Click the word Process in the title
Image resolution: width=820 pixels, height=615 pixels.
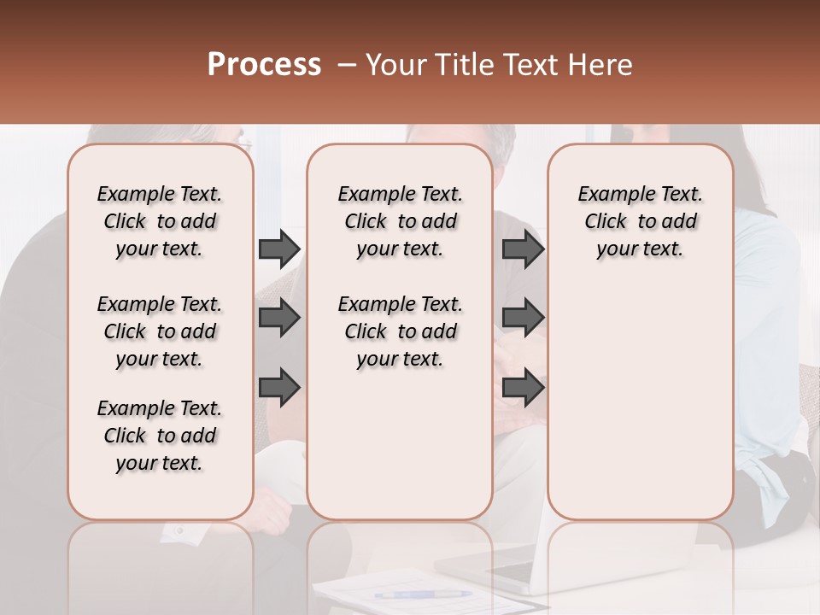point(264,65)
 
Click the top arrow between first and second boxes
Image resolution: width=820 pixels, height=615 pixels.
point(279,249)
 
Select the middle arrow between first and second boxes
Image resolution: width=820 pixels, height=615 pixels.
point(279,319)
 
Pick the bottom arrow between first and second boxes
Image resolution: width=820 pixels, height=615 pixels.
point(279,388)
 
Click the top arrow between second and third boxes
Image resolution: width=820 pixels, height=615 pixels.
point(524,249)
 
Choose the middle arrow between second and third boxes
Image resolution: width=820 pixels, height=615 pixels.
point(524,319)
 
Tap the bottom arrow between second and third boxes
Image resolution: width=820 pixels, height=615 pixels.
point(524,388)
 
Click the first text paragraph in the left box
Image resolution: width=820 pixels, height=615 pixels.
point(160,221)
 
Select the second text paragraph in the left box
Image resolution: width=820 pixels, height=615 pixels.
point(160,331)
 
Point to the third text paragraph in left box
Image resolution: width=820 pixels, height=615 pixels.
point(160,436)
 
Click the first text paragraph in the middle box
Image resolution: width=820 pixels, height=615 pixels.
point(400,221)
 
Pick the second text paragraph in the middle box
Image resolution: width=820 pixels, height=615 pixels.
point(400,331)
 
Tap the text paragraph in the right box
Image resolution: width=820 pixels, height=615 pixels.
point(640,221)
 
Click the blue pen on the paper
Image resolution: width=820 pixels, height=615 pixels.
point(422,594)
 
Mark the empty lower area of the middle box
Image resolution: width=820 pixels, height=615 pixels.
point(400,444)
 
